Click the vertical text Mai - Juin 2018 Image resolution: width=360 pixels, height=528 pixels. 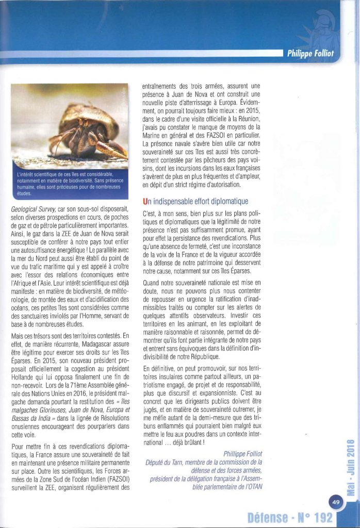(x=349, y=466)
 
